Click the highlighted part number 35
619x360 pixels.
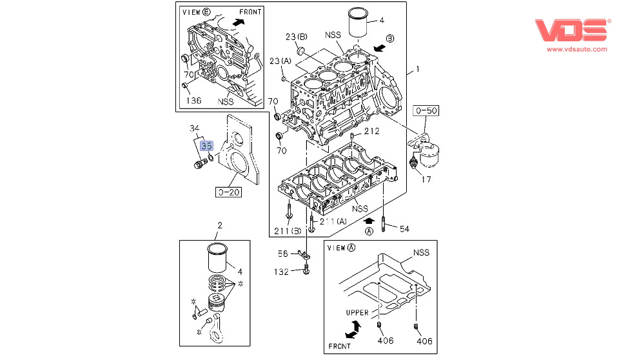206,146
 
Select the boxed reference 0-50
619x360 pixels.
427,111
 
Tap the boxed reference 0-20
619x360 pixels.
228,191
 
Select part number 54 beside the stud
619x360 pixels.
404,229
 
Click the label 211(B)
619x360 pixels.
288,232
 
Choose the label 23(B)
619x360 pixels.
297,37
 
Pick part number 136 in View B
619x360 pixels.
193,101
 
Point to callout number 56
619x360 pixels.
283,254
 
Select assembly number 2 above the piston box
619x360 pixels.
219,225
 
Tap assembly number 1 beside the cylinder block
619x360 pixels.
417,69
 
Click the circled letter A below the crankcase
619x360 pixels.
369,231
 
